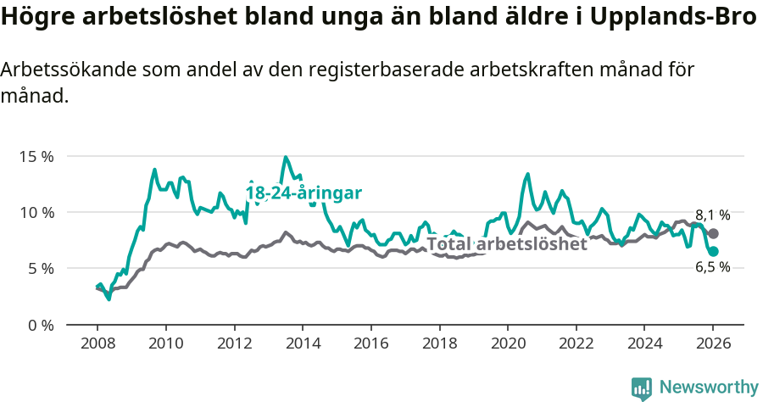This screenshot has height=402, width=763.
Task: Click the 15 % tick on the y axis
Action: click(36, 157)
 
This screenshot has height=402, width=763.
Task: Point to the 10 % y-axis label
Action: click(36, 212)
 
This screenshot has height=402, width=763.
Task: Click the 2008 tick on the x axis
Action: click(97, 344)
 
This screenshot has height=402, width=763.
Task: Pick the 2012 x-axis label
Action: click(234, 344)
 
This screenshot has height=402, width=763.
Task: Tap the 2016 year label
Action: click(370, 344)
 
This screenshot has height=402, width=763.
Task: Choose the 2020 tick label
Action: click(508, 344)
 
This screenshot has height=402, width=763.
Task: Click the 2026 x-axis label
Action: click(713, 344)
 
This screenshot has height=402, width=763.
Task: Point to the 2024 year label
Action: click(644, 344)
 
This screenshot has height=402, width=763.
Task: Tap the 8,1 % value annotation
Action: click(712, 215)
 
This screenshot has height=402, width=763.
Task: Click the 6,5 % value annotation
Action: click(712, 267)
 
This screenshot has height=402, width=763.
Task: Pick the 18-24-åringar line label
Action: click(304, 193)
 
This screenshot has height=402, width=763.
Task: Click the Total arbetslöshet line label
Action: click(506, 244)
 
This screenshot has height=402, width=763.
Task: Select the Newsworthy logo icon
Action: click(642, 388)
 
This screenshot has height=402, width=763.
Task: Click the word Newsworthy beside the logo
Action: click(708, 388)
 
